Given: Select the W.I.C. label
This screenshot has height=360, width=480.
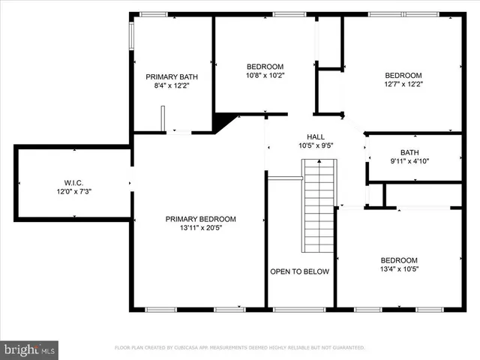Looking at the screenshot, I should (73, 182).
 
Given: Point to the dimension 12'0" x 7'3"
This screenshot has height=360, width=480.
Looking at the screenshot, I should (73, 191).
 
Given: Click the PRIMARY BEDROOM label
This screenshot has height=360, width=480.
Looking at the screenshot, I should (200, 219).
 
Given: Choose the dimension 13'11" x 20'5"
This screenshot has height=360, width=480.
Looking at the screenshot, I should (200, 228).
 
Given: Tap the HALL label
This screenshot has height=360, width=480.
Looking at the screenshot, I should (315, 136).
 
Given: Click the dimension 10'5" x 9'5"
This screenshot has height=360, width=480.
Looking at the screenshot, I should (315, 145).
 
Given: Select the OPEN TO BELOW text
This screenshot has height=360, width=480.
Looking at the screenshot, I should (300, 271).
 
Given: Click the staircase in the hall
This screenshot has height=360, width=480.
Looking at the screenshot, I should (319, 210).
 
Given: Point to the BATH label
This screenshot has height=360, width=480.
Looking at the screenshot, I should (409, 152).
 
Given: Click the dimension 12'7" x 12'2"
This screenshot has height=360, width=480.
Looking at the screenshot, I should (403, 85).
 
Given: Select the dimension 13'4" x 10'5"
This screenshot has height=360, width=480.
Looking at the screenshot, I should (399, 269).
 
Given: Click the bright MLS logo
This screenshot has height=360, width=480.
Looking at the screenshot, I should (30, 349).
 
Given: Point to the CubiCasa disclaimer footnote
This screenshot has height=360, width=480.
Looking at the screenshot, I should (239, 348).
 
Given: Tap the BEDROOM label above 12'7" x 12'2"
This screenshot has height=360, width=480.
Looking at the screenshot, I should (403, 76).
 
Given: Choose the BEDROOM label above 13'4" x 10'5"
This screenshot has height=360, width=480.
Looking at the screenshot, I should (399, 260).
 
